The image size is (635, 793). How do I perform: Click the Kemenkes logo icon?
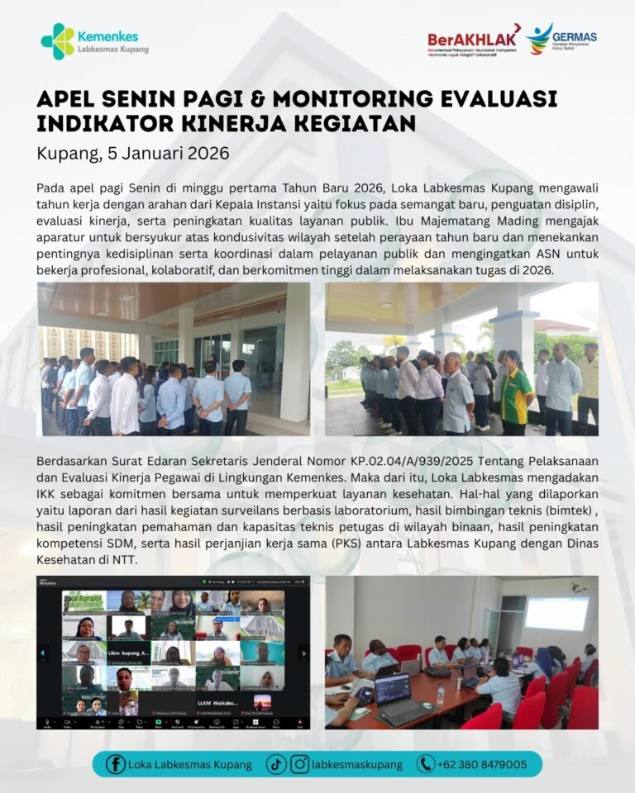[57, 41]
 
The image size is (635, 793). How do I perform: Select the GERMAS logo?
[563, 38]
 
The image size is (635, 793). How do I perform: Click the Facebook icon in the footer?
[117, 764]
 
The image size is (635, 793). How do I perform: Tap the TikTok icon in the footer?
[276, 764]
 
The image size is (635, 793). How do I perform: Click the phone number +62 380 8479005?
[483, 764]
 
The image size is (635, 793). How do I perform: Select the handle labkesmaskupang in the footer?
[357, 764]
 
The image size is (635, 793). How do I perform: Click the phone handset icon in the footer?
[426, 764]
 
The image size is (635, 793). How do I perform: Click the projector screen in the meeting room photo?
[557, 614]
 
